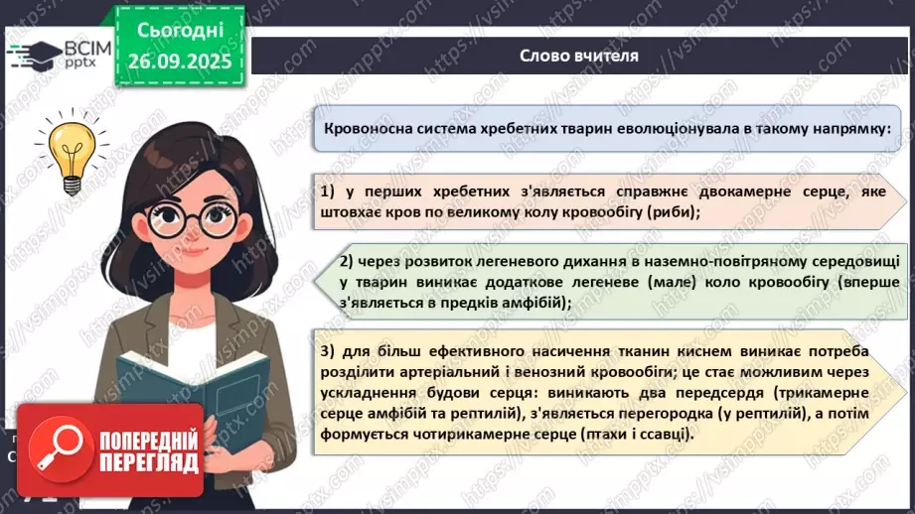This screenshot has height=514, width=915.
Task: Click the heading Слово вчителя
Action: [x=578, y=56]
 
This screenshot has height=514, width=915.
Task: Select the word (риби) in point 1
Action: [x=672, y=212]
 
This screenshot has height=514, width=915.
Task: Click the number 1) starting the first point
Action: [x=330, y=191]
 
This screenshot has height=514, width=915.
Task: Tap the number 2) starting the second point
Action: [x=347, y=262]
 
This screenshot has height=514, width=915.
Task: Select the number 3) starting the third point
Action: [x=329, y=352]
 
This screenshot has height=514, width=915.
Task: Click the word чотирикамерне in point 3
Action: [x=451, y=435]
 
